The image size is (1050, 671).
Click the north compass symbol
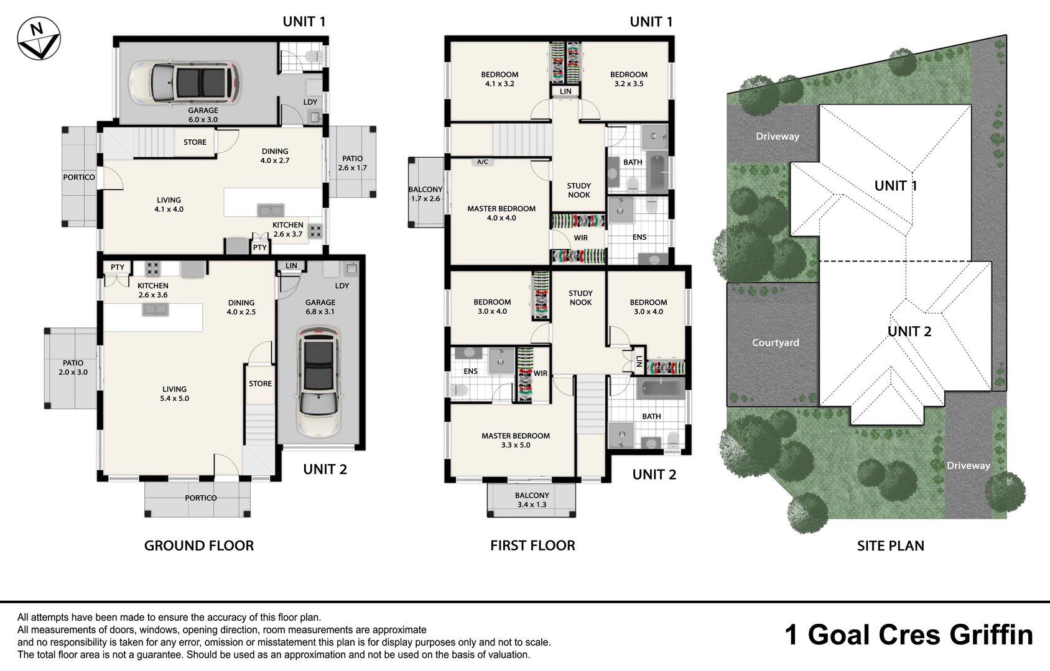click(39, 39)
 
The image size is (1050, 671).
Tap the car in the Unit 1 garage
click(185, 84)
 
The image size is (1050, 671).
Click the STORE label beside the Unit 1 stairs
click(195, 142)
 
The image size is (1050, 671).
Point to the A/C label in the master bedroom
click(482, 162)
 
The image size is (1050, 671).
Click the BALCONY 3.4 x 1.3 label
click(532, 500)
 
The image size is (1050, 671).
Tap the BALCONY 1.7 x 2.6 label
click(425, 194)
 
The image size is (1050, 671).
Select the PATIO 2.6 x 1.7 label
click(352, 163)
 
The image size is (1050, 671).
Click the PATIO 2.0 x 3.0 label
click(73, 368)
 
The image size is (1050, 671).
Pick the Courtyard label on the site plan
click(775, 343)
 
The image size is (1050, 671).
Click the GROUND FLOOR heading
click(199, 545)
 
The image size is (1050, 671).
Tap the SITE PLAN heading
click(891, 545)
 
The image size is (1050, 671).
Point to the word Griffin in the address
click(992, 636)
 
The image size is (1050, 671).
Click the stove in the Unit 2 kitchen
click(152, 268)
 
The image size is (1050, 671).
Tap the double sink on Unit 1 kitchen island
click(271, 210)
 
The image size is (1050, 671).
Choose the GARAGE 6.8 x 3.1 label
click(320, 307)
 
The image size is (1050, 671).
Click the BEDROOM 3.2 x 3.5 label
click(629, 79)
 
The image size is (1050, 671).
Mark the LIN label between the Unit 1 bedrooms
click(565, 91)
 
